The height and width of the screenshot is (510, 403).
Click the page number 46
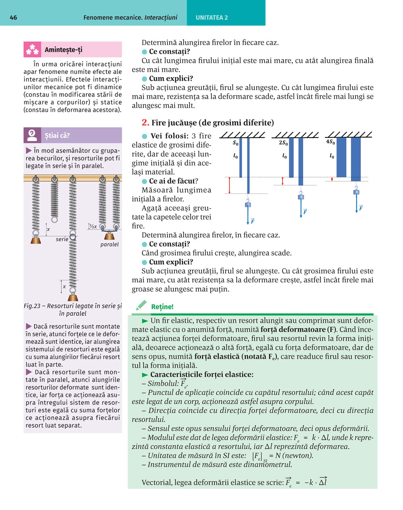tap(13, 18)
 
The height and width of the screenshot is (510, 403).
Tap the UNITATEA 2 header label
tap(212, 18)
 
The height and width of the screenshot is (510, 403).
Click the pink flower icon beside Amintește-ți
tap(32, 49)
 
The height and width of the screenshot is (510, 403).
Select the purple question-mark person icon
tap(32, 135)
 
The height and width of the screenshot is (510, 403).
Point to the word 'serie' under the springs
tap(62, 239)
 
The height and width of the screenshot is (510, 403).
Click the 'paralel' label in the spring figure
tap(109, 244)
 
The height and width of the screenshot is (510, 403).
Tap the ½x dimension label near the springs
tap(93, 226)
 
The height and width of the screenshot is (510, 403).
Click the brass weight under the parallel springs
tap(109, 236)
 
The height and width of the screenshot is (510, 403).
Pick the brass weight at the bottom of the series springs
tap(73, 298)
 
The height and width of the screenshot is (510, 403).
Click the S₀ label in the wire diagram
tap(235, 143)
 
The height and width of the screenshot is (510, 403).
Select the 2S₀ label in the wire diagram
tap(283, 143)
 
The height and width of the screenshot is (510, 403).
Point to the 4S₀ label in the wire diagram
tap(330, 142)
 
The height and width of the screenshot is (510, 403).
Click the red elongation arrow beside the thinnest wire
tap(229, 185)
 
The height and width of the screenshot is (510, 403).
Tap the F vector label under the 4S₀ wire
tap(361, 208)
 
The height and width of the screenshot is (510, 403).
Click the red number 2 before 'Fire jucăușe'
tap(145, 123)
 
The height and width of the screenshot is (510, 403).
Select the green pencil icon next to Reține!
tap(141, 305)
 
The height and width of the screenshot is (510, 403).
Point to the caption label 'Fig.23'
tap(32, 306)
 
